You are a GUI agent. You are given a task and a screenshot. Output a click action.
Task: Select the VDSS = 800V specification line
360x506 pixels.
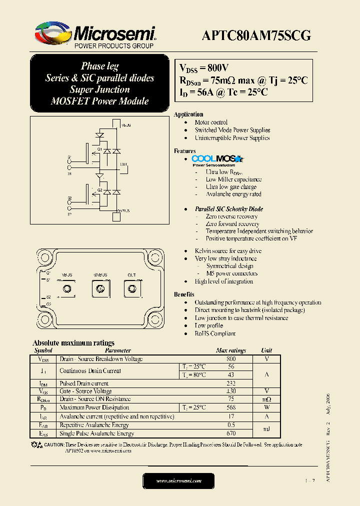(x=204, y=68)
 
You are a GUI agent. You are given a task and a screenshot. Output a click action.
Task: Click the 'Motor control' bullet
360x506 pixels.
(x=211, y=122)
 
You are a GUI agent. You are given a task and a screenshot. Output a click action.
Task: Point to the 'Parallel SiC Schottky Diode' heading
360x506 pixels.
(x=228, y=209)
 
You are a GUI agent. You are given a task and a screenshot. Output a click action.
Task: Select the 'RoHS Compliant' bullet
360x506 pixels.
(x=215, y=333)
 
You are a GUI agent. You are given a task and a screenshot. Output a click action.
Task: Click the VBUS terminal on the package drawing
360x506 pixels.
(x=66, y=288)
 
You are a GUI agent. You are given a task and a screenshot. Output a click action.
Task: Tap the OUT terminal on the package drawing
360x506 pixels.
(x=131, y=288)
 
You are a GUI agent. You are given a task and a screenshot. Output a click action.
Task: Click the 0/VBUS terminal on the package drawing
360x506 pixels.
(x=100, y=288)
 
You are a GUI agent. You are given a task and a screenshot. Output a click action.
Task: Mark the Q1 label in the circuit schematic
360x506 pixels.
(x=99, y=149)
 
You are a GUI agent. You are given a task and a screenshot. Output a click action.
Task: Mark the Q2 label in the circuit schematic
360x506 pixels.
(x=99, y=190)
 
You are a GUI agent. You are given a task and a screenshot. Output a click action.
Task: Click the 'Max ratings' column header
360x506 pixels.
(x=230, y=350)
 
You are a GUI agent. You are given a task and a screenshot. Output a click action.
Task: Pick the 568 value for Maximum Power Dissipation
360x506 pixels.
(x=230, y=407)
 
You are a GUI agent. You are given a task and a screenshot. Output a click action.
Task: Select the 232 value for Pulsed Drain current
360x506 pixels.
(x=230, y=383)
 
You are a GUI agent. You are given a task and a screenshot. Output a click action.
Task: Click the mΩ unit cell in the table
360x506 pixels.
(x=266, y=399)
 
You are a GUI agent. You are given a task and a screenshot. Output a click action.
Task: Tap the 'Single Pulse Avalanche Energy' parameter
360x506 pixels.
(x=96, y=433)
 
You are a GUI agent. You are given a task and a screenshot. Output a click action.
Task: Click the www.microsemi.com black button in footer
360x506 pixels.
(x=178, y=480)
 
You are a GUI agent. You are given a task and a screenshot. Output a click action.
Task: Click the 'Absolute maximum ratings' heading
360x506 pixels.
(x=73, y=343)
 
